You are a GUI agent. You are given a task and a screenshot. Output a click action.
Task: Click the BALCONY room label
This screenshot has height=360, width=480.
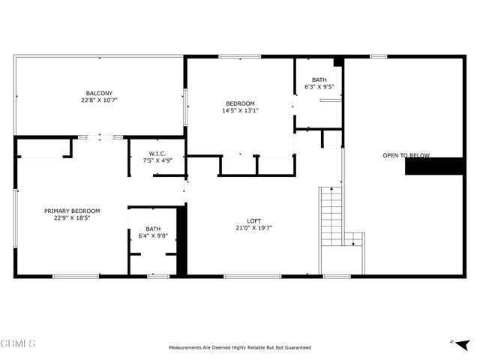tap(98, 94)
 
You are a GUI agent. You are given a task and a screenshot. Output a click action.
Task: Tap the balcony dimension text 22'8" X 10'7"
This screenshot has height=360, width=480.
tap(98, 100)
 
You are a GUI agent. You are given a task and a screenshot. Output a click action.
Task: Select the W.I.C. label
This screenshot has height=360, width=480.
tap(157, 154)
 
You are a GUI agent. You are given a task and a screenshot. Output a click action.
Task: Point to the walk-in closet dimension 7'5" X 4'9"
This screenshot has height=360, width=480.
tap(157, 160)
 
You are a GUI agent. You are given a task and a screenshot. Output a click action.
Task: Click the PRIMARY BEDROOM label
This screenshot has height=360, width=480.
tap(72, 211)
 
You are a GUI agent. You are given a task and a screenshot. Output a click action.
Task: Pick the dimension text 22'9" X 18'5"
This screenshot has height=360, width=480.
tap(72, 217)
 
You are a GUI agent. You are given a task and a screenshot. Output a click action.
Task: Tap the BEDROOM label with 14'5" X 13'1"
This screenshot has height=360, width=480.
tap(240, 103)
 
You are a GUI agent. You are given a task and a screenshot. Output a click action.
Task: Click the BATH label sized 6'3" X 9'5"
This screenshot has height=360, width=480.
tap(319, 79)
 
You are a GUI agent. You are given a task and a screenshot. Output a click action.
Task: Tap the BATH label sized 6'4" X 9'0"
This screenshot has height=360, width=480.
tap(153, 229)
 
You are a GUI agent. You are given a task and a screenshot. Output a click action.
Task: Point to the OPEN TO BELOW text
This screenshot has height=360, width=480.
tap(406, 155)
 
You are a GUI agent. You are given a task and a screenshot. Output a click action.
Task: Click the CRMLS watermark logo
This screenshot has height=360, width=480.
tap(18, 344)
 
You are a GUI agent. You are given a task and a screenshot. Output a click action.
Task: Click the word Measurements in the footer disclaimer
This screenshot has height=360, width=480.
tap(187, 347)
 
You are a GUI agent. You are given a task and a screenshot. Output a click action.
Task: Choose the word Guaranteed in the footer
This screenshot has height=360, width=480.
tap(296, 347)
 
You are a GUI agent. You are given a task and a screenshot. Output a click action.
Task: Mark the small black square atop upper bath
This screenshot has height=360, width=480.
tap(338, 61)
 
